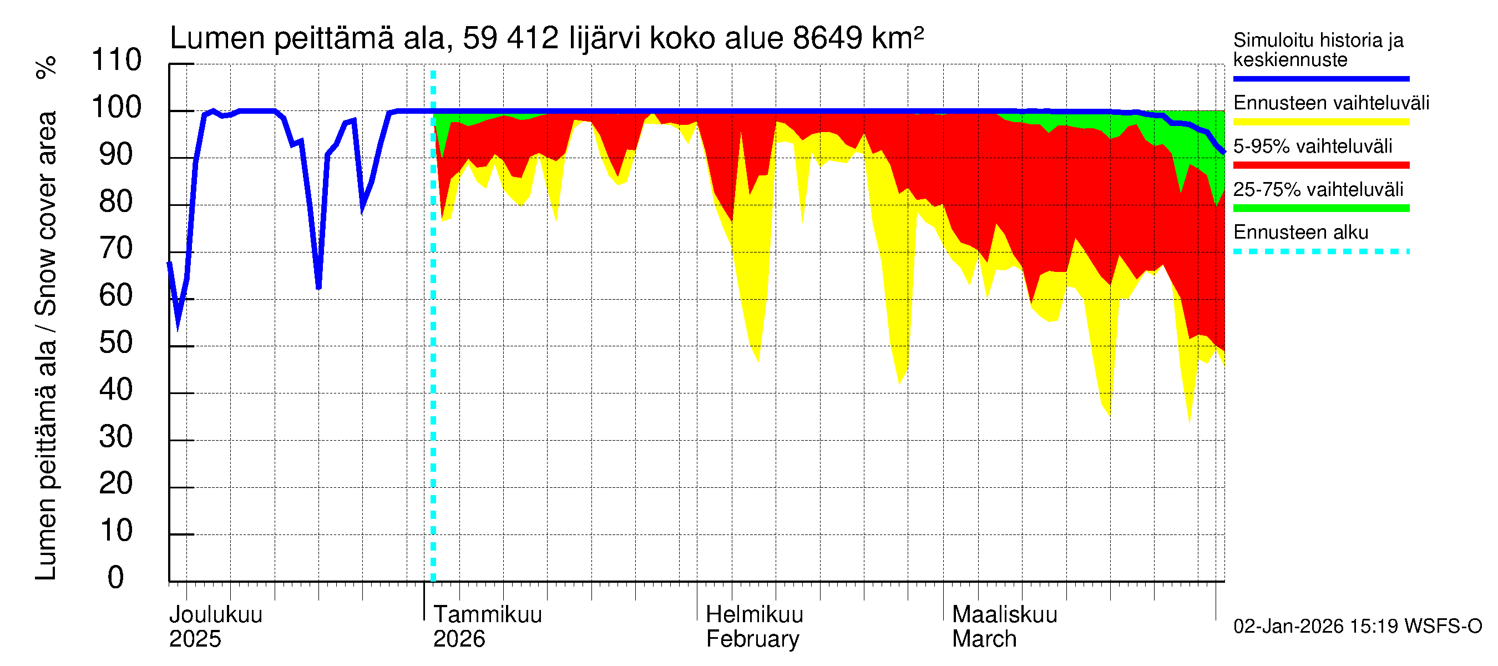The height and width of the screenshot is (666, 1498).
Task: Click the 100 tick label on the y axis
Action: click(117, 108)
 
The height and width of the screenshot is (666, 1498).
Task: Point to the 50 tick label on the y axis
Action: click(117, 343)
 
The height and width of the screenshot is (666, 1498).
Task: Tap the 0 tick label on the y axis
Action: click(117, 578)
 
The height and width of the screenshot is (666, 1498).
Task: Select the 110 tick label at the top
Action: click(117, 60)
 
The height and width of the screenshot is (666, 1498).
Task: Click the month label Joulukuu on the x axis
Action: click(216, 615)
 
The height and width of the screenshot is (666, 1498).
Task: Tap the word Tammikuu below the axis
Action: click(487, 615)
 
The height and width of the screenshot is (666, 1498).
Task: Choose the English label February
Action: click(752, 639)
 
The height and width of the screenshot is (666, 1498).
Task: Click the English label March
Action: click(984, 639)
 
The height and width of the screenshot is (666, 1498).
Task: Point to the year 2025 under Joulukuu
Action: click(195, 639)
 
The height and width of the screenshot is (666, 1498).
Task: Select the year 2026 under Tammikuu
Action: click(459, 639)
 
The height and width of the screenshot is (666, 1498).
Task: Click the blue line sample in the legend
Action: click(1321, 78)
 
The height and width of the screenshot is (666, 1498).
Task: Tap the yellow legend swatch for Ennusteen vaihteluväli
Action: click(1321, 122)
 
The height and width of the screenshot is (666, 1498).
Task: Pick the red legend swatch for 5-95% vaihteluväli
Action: click(1321, 165)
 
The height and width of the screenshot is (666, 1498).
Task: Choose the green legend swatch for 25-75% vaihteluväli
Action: click(1321, 208)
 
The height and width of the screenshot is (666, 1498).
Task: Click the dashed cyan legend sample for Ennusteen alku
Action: click(1321, 252)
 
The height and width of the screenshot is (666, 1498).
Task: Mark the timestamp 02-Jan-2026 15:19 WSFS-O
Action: click(1357, 627)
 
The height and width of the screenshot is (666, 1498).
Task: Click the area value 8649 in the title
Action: click(827, 39)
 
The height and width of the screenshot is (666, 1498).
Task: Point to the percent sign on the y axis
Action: click(47, 68)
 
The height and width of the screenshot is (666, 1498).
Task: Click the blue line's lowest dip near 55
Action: click(178, 327)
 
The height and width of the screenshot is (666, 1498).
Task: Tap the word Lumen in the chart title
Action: click(217, 39)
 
